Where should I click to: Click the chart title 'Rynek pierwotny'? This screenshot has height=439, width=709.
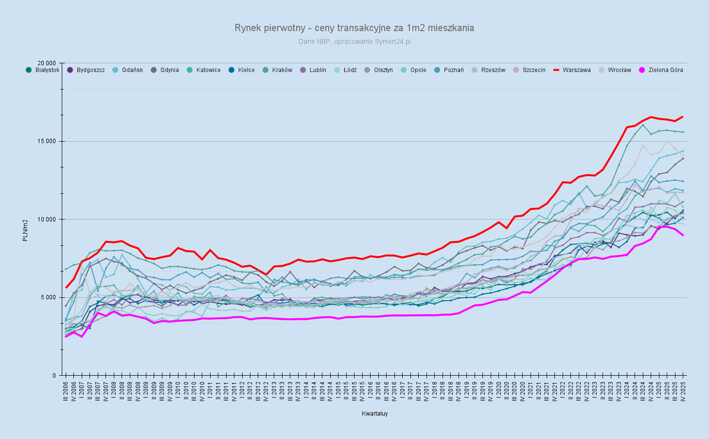(x=354, y=28)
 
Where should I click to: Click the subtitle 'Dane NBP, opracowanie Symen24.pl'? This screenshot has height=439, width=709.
(x=354, y=41)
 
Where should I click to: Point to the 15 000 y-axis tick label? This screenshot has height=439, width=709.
(x=48, y=141)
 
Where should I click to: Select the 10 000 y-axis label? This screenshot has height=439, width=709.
(x=48, y=219)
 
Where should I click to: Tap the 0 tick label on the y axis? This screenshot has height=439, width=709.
(x=55, y=376)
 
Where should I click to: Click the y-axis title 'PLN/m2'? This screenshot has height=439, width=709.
(x=25, y=230)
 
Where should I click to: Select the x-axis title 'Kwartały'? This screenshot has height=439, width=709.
(x=374, y=414)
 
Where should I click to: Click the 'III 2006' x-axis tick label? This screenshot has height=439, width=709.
(x=66, y=392)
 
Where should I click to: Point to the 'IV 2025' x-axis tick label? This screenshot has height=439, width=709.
(x=683, y=392)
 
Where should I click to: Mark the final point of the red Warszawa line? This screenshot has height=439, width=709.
(x=683, y=117)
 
